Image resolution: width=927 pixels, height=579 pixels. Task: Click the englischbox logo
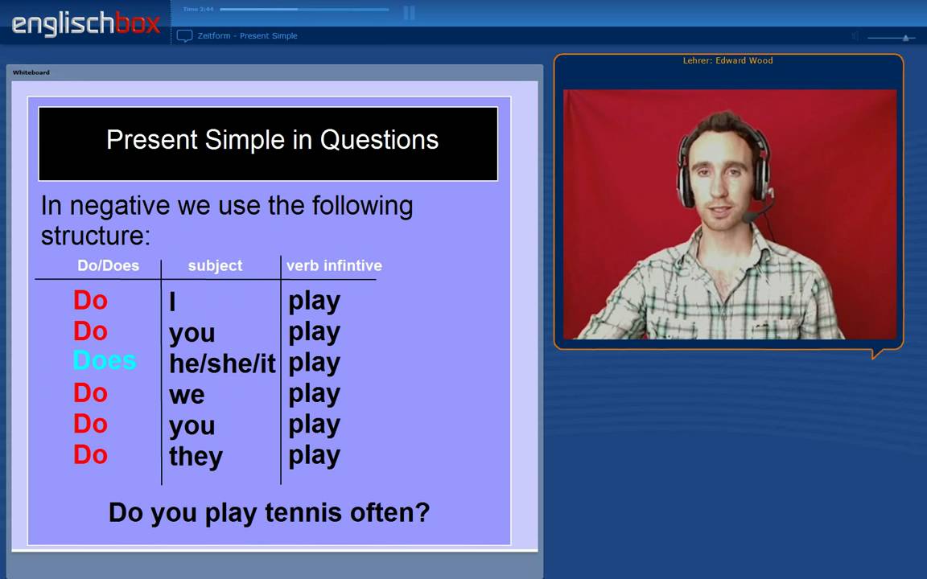86,23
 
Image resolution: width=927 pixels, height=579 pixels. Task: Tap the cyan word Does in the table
105,361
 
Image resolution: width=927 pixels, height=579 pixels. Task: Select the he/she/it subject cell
222,363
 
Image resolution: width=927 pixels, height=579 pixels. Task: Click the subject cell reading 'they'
196,457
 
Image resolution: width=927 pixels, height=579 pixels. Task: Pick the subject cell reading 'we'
187,395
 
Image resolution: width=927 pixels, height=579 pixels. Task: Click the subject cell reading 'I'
173,302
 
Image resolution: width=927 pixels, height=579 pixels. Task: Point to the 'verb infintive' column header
334,265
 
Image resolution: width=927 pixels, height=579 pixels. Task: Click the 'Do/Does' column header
108,265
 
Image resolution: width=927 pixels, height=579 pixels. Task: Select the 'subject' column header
215,265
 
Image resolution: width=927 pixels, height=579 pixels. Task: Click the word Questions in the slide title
379,140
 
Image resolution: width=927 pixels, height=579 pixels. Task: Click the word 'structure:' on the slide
96,236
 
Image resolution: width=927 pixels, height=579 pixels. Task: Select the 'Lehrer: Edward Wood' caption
727,60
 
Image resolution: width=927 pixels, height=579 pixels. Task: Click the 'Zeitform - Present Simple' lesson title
247,35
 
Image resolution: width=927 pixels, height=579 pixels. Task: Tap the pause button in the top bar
409,12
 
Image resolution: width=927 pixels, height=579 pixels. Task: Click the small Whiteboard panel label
31,72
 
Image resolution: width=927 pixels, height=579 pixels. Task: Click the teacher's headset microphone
751,217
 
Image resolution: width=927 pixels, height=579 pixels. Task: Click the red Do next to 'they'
90,455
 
